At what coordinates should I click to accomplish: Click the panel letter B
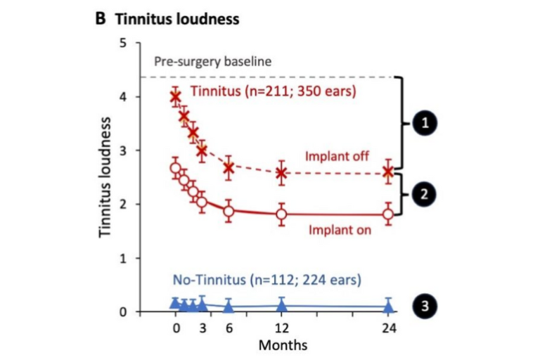(x=101, y=19)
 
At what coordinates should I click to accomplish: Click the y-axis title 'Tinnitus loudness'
(x=105, y=177)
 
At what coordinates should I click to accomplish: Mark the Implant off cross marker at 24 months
(x=388, y=172)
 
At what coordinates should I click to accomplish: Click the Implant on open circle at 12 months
(x=281, y=214)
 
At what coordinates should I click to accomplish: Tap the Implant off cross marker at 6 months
(x=229, y=167)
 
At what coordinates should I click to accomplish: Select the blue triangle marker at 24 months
(x=388, y=307)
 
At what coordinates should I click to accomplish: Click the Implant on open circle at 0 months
(x=176, y=168)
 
